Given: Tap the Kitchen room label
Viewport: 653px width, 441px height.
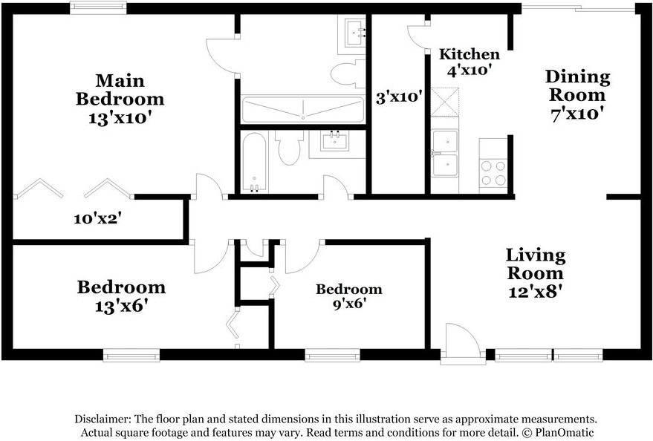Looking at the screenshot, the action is (x=470, y=54).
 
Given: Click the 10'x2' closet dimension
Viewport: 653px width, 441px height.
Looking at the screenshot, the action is (x=97, y=218).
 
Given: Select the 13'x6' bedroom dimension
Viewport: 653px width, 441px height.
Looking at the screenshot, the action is (x=122, y=307).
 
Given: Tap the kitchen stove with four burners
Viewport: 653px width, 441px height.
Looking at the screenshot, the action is (x=493, y=166).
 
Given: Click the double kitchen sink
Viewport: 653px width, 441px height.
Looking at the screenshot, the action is (x=445, y=154).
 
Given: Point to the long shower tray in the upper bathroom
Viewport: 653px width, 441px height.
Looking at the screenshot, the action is (x=303, y=109).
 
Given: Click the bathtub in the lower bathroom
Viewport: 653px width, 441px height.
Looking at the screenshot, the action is (x=254, y=163).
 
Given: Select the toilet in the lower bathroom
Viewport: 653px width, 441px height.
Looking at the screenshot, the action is (x=290, y=147).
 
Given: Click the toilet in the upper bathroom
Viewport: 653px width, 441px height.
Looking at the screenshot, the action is (x=348, y=73).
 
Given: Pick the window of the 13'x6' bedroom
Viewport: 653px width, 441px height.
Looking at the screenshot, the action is (x=131, y=356).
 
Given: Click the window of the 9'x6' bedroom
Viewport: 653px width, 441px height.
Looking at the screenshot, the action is (x=332, y=356).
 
